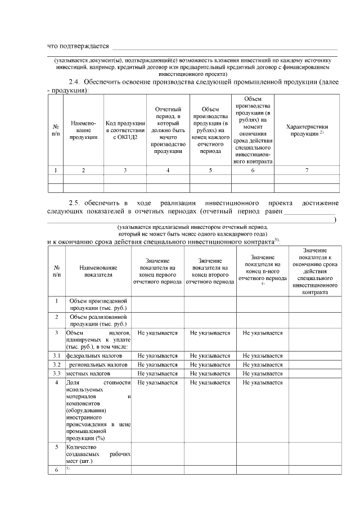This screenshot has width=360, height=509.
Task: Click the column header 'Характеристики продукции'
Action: (307, 130)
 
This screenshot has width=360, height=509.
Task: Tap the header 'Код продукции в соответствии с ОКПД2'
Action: (125, 130)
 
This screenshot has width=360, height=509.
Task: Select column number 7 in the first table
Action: (307, 169)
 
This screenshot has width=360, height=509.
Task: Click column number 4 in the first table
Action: (168, 169)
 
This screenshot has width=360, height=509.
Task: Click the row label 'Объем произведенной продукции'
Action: (98, 304)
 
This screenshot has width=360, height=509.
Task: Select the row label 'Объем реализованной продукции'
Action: (98, 320)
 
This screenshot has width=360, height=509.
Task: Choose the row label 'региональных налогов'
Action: (97, 364)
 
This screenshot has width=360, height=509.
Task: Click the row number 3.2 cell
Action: (57, 364)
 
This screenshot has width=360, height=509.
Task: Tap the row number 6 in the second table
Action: (57, 469)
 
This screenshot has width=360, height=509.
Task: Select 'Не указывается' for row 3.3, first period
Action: (157, 373)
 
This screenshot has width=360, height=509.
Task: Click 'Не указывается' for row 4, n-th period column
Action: (263, 382)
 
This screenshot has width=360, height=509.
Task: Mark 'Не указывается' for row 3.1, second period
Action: (210, 356)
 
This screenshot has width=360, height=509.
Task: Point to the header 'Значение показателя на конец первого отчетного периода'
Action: (157, 271)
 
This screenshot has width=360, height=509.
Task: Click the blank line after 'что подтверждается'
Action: (225, 48)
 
